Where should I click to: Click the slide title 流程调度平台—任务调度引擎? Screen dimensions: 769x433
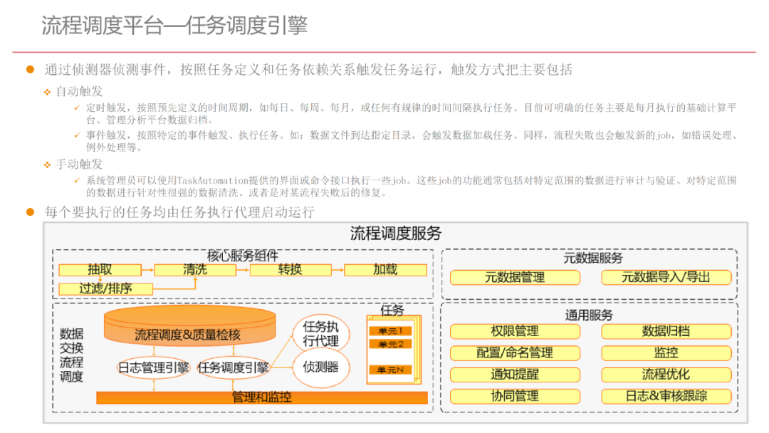174,26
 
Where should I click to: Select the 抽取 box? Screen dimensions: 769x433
100,270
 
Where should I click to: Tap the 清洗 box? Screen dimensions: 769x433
195,270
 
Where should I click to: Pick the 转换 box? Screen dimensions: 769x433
290,270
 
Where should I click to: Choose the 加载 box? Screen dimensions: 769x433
385,270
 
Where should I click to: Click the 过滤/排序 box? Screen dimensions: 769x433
105,288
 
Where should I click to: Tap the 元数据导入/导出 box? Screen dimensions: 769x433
666,277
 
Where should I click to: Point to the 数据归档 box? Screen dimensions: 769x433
666,331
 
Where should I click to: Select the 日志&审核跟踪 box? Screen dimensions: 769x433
666,396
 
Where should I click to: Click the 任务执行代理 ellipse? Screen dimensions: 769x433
321,333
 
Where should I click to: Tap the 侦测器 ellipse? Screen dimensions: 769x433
321,367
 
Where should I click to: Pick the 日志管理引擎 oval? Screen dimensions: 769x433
153,367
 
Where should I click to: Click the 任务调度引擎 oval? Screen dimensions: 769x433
234,367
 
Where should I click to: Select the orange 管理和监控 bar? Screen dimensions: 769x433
262,397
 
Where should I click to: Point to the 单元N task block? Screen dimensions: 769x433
390,370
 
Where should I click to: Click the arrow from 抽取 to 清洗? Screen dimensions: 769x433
147,270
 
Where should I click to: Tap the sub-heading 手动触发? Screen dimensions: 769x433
79,164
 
